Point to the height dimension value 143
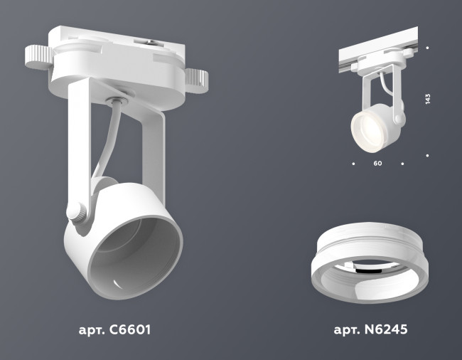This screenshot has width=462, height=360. coord(427,99)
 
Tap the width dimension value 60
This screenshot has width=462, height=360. coord(377,164)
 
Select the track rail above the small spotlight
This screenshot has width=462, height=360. coord(384,50)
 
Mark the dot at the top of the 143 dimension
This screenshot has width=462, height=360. coord(427,48)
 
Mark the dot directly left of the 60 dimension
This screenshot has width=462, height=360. coord(353,164)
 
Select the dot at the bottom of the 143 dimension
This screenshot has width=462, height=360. coord(427,154)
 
